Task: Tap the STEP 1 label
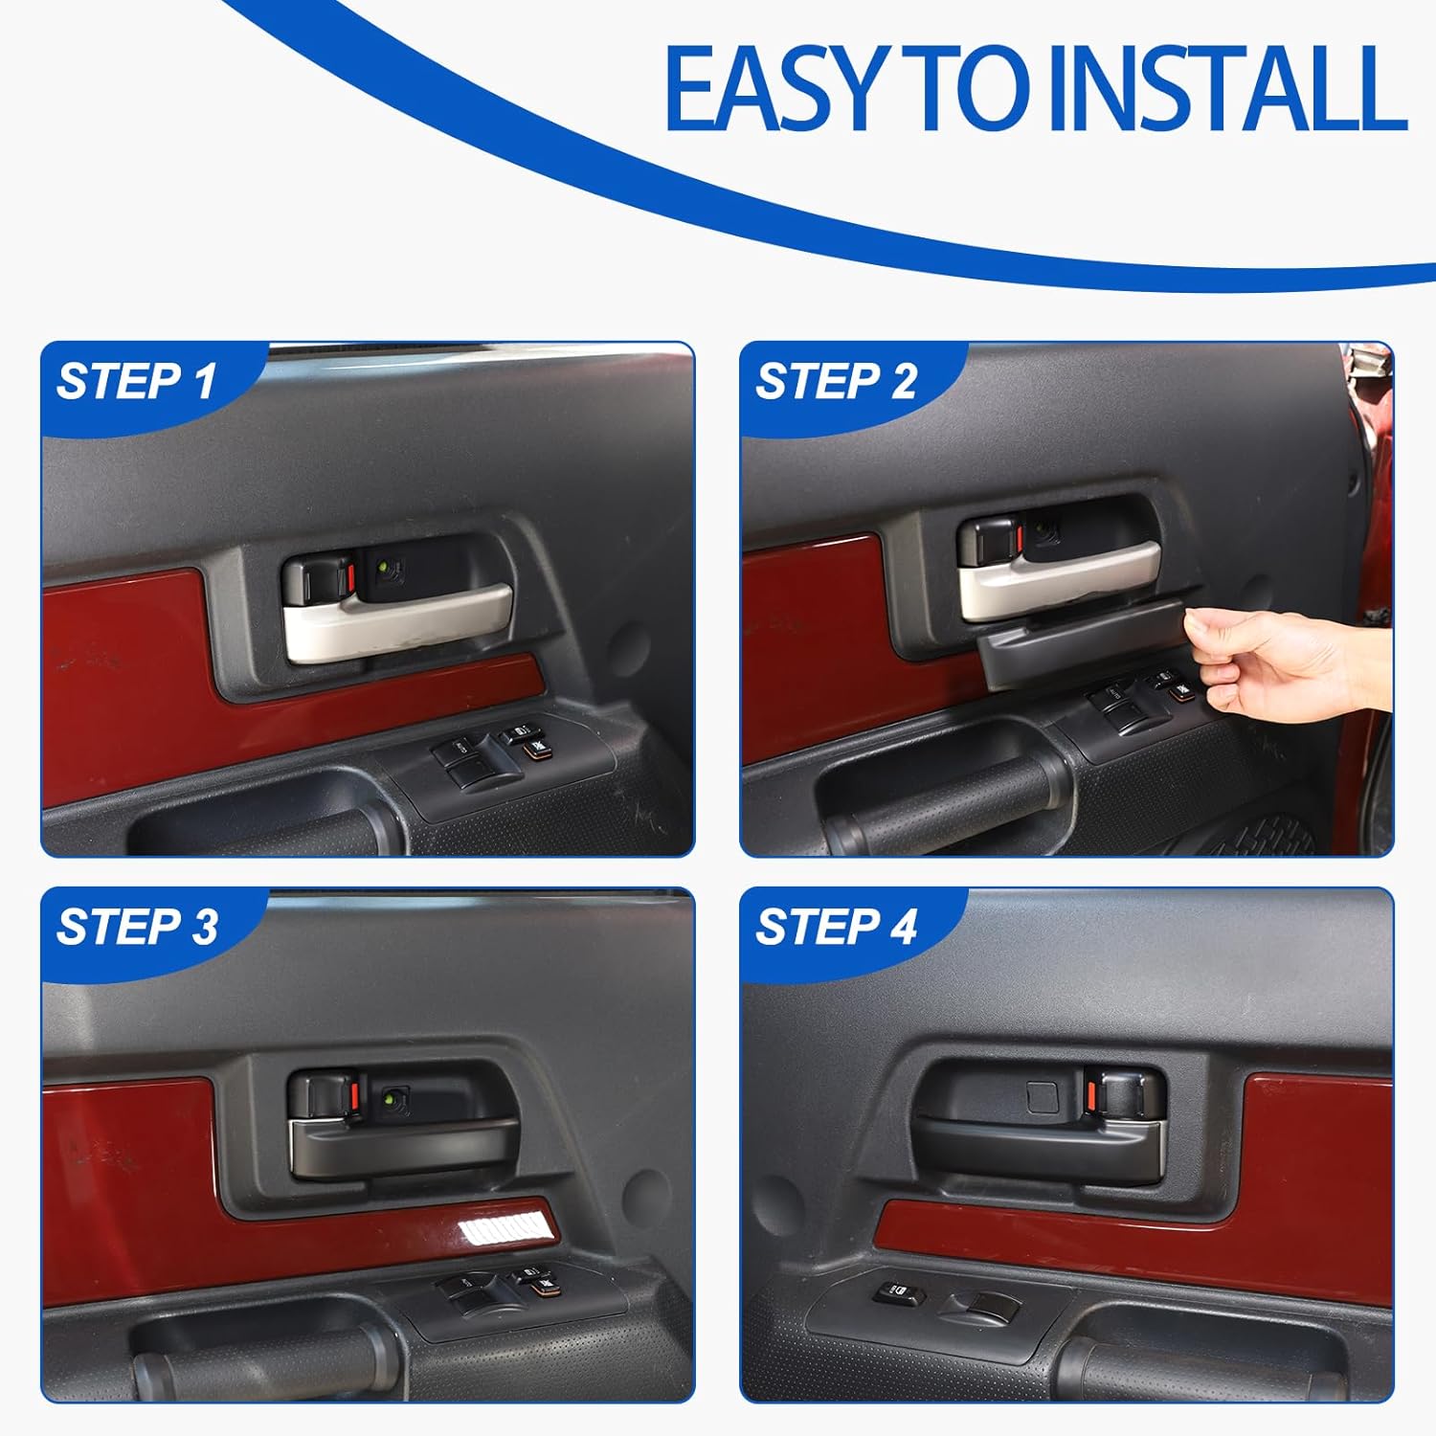coord(136,382)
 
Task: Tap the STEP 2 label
coord(836,382)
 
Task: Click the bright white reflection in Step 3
coord(498,1223)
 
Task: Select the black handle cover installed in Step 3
coord(402,1144)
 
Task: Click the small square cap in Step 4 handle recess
coord(1042,1097)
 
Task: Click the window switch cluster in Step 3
coord(498,1288)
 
